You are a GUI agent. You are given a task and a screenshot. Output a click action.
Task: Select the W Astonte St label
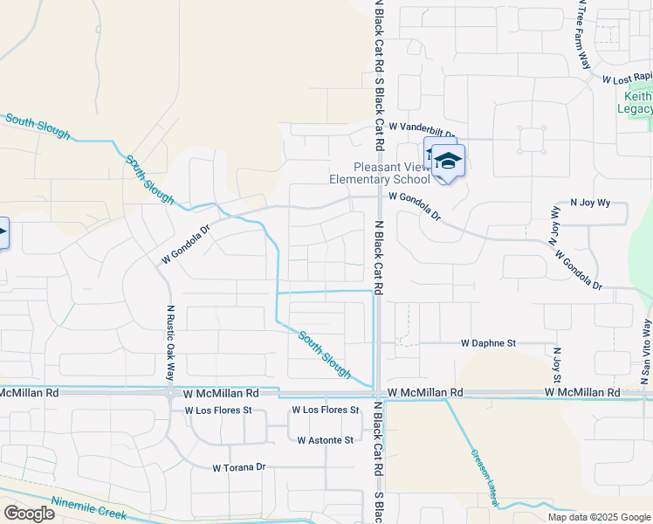tap(325, 440)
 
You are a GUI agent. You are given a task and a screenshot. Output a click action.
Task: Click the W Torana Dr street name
tap(238, 467)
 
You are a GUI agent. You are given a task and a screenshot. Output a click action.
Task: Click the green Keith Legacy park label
tap(638, 101)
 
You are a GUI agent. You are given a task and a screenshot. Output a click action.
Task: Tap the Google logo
tap(29, 514)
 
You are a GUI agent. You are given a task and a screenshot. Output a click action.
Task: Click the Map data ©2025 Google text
tap(598, 517)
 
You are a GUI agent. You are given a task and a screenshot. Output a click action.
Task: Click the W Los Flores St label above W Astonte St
tap(325, 410)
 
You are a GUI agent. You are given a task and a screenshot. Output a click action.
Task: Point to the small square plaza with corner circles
tap(532, 140)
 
